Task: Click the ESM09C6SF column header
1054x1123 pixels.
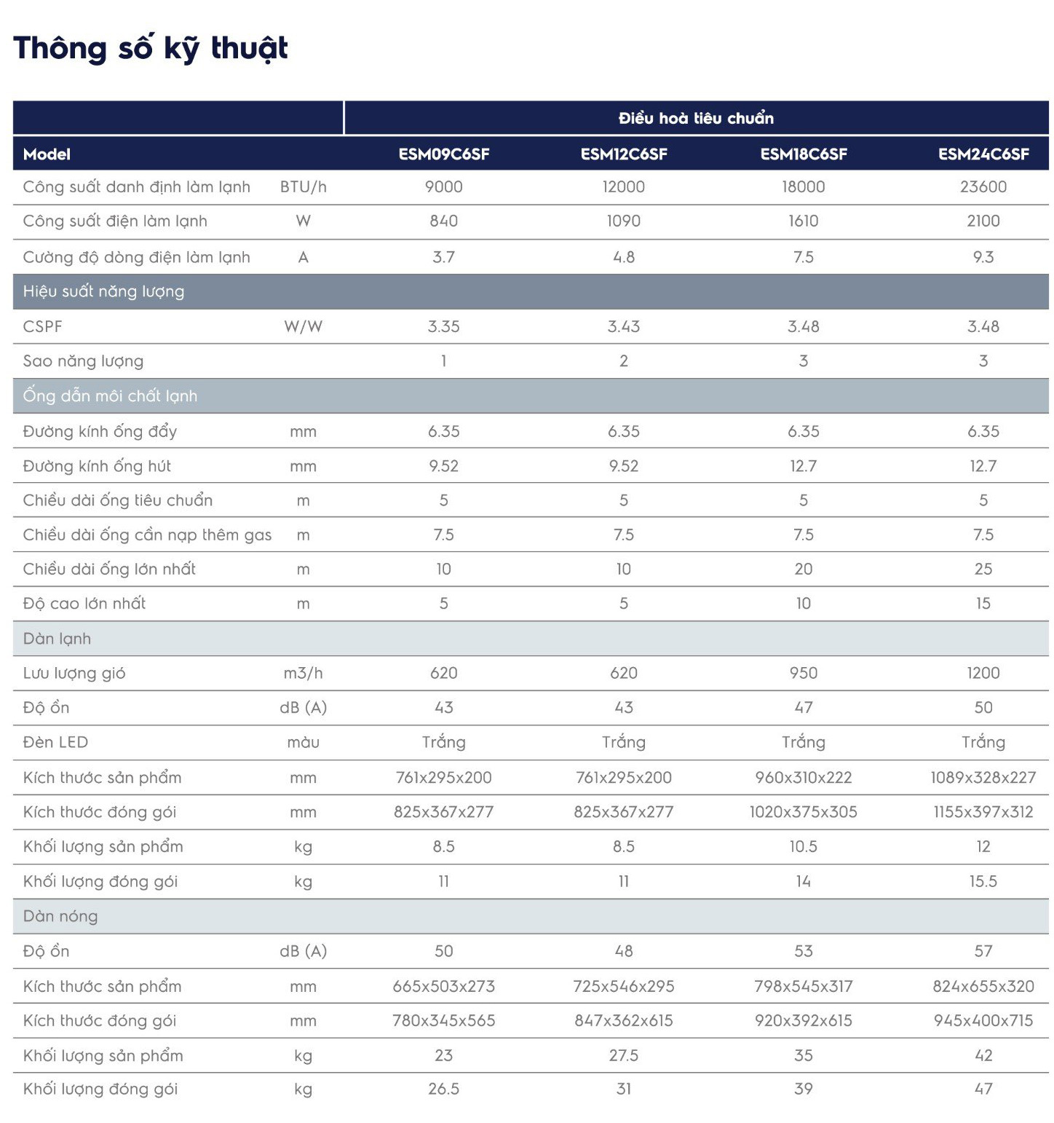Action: (443, 154)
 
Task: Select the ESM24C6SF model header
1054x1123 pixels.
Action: (983, 154)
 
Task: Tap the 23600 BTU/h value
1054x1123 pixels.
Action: (983, 186)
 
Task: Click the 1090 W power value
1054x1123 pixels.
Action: (624, 221)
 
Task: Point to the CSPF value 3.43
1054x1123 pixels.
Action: (624, 326)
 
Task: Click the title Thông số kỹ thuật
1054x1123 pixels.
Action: (151, 49)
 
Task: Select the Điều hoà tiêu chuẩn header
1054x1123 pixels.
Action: (696, 118)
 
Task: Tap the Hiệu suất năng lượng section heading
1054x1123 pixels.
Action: (103, 291)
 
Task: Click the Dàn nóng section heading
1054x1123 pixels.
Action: (60, 916)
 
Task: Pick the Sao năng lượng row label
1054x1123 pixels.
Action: (83, 361)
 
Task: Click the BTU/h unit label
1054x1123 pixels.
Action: (304, 187)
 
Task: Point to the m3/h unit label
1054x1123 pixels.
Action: (304, 673)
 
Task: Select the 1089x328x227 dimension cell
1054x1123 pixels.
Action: (983, 777)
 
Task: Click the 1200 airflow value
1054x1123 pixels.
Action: (983, 673)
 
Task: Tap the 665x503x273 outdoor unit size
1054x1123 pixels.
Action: (443, 986)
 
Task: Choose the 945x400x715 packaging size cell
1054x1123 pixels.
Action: (983, 1020)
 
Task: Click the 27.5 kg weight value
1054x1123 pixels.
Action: (624, 1055)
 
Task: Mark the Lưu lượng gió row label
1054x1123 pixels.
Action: (74, 674)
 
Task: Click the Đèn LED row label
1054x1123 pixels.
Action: (55, 742)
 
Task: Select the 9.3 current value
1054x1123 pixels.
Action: (983, 257)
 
